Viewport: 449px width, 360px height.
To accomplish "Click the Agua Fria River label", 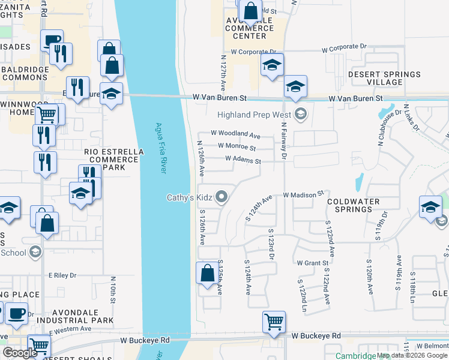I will (x=160, y=148).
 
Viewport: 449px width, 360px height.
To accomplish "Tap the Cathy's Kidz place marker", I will (x=222, y=197).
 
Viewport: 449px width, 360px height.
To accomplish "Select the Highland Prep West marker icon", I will (x=301, y=113).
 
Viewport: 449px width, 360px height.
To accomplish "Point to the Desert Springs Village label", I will (x=385, y=79).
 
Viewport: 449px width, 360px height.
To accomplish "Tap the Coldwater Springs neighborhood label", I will (x=358, y=205).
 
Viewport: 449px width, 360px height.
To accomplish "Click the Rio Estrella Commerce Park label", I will (x=114, y=160).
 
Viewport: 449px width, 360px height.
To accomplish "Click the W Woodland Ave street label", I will (x=235, y=134).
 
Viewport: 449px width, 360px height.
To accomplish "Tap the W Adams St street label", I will (x=243, y=160).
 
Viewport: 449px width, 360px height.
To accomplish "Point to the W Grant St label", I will (x=313, y=263).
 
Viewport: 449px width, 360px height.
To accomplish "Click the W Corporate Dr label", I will (x=343, y=46).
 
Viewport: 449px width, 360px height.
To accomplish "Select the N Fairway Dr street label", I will (x=284, y=144).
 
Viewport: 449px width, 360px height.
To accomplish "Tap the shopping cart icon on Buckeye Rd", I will (x=274, y=322).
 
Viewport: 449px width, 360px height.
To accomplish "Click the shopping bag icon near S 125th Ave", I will (x=207, y=273).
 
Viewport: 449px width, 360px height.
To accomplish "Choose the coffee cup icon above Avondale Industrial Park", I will (x=16, y=313).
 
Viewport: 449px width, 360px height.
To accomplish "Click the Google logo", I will (x=20, y=353).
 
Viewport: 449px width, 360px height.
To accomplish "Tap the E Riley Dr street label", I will (x=63, y=275).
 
